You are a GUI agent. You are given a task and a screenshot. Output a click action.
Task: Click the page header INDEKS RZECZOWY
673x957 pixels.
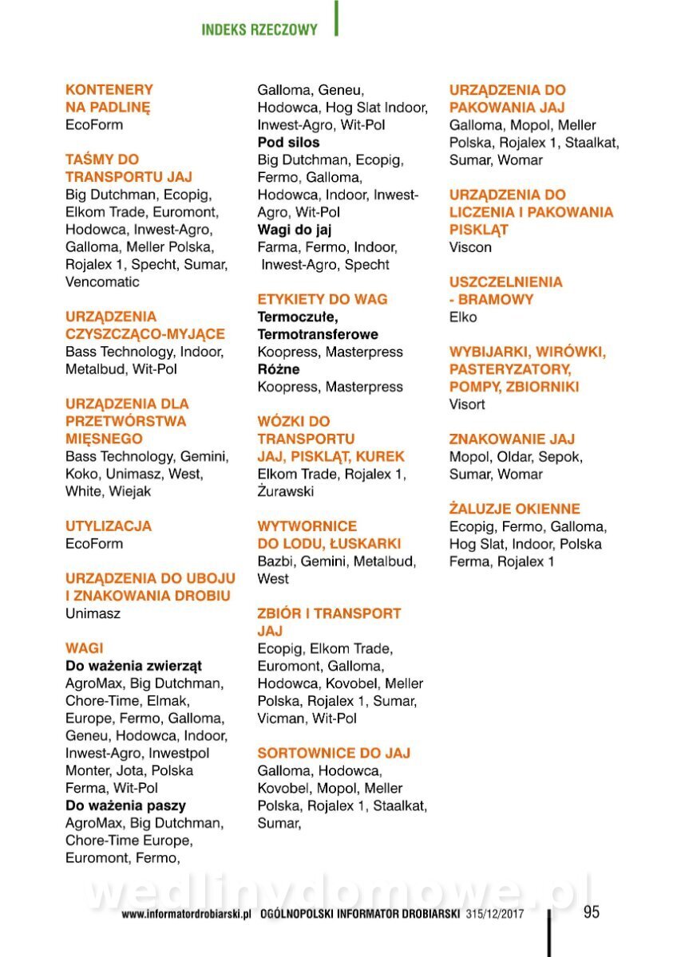click(x=259, y=30)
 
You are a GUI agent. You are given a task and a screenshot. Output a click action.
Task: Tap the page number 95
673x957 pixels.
click(x=591, y=912)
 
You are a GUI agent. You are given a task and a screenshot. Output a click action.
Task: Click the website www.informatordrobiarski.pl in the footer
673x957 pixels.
click(x=187, y=915)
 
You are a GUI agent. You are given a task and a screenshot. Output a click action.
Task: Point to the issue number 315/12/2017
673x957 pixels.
click(x=495, y=915)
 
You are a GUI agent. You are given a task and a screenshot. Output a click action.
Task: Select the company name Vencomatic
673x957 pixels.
click(x=102, y=282)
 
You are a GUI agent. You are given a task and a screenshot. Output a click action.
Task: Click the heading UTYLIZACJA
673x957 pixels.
click(x=108, y=526)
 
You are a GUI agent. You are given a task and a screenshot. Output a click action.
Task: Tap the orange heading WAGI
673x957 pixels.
click(x=85, y=648)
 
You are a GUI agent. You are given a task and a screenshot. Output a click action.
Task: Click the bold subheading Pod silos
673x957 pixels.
click(x=288, y=142)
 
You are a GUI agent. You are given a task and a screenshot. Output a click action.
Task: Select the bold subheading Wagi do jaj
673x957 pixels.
click(x=294, y=230)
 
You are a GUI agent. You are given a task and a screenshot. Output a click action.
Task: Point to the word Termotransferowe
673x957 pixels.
click(x=318, y=334)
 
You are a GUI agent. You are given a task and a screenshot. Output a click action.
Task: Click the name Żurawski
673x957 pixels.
click(x=286, y=491)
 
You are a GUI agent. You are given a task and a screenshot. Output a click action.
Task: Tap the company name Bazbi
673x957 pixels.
click(x=275, y=561)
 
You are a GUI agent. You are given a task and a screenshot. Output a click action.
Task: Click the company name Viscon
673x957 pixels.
click(x=470, y=247)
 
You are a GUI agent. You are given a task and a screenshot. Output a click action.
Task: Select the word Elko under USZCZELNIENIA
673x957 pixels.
click(x=463, y=317)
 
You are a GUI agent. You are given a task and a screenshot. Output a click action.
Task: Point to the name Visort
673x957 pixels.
click(x=467, y=404)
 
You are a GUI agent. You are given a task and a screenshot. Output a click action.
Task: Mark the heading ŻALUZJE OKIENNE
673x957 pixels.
click(x=514, y=509)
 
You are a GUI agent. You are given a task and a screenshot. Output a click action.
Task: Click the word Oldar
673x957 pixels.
click(x=514, y=457)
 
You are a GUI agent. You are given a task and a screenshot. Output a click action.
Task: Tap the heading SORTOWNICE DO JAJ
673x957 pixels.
click(x=334, y=753)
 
